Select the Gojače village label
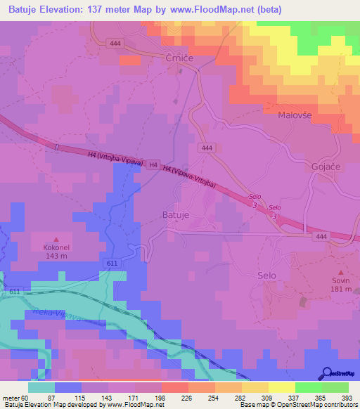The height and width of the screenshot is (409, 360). pos(326,167)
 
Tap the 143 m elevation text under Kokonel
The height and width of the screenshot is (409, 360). pos(57,257)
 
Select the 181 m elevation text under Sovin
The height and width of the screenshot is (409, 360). pos(341,289)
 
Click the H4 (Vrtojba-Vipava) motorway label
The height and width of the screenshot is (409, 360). pos(116,159)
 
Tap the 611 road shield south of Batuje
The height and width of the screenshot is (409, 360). pos(112,262)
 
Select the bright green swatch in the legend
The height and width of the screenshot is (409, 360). pos(309,387)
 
